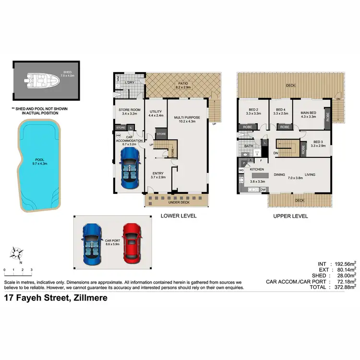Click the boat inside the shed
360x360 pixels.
click(x=42, y=80)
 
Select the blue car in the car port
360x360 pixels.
click(x=92, y=242)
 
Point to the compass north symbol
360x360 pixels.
click(x=18, y=252)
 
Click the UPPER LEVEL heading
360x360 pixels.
click(x=290, y=216)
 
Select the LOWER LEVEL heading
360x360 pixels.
click(x=179, y=216)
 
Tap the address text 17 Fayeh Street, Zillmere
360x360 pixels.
click(x=56, y=298)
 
